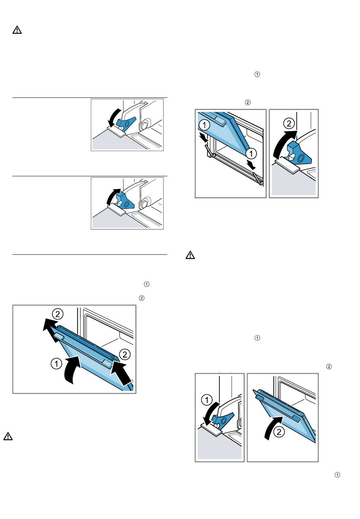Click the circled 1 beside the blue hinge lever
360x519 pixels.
pos(207,400)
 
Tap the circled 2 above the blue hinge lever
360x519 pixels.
pos(289,124)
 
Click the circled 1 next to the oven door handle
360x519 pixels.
pos(204,125)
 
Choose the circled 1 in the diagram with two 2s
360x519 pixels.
pos(56,364)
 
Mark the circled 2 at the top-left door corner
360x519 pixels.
pos(58,314)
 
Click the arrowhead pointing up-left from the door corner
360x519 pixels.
pos(48,325)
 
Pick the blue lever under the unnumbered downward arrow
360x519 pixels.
pos(126,123)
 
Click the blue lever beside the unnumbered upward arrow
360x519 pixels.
pos(125,201)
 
